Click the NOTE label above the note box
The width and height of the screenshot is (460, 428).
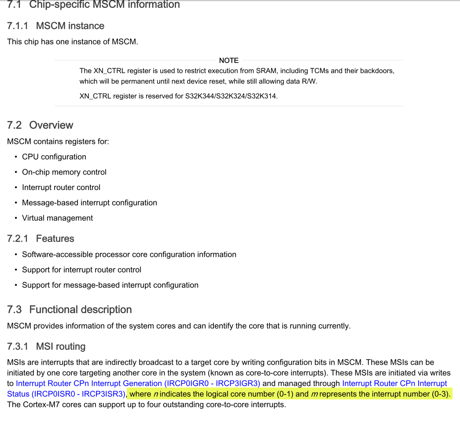coord(228,60)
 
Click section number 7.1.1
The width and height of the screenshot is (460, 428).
coord(18,26)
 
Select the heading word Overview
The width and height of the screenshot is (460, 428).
coord(51,125)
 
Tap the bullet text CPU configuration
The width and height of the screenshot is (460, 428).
coord(54,157)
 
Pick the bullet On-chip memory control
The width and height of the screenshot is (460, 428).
coord(64,172)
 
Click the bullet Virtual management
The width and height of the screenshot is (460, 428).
coord(57,218)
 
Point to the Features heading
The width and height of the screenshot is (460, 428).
coord(55,239)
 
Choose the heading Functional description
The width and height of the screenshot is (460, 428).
coord(81,310)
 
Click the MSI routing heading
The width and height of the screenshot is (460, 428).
coord(61,347)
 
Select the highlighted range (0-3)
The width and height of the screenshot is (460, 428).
coord(441,394)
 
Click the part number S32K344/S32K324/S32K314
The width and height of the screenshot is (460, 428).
coord(232,96)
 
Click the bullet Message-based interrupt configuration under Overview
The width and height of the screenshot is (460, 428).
coord(89,203)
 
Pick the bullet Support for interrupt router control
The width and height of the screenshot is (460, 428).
coord(81,270)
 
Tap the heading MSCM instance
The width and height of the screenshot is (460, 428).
coord(70,26)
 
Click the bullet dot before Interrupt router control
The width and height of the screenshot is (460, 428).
coord(16,188)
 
